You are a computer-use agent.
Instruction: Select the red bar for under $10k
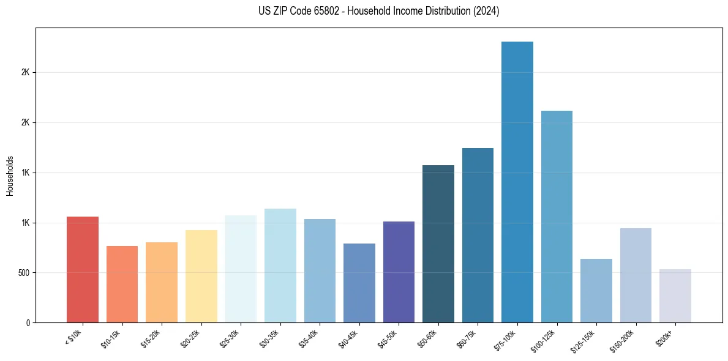tap(83, 269)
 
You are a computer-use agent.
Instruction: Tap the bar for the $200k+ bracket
tap(675, 296)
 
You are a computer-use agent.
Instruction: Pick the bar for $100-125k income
tap(557, 217)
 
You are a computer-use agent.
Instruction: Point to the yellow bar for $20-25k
tap(201, 276)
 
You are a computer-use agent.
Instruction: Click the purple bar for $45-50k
tap(399, 272)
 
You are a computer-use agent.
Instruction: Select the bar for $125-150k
tap(596, 291)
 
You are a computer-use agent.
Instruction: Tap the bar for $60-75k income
tap(478, 235)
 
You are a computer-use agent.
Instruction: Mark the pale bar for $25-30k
tap(241, 269)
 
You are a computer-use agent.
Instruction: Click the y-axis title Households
tap(10, 175)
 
